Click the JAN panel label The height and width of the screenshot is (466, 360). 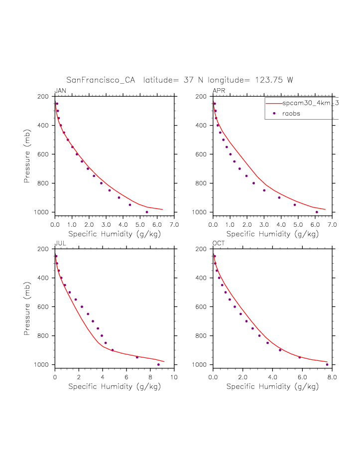click(x=60, y=91)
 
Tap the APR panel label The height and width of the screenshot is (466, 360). click(x=219, y=91)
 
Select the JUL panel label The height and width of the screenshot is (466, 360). click(x=60, y=243)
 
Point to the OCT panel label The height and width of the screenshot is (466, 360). click(x=219, y=243)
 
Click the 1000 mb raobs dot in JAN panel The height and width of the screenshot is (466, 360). click(x=147, y=212)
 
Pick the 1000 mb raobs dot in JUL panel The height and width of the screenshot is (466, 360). click(x=158, y=364)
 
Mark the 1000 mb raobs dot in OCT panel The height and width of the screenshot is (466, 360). click(x=327, y=364)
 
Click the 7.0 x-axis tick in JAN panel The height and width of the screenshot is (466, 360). click(x=174, y=225)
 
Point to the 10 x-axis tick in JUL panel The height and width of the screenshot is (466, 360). click(x=174, y=377)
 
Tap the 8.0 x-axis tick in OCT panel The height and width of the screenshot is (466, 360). click(x=332, y=377)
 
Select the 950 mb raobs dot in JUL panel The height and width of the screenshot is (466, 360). click(x=137, y=357)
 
